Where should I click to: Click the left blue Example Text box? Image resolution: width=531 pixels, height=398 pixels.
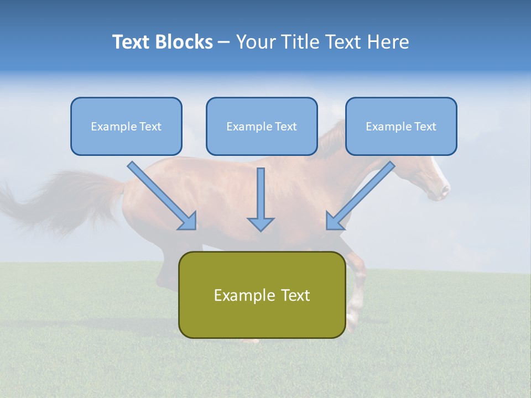click(126, 126)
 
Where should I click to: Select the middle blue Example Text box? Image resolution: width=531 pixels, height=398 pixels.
click(262, 126)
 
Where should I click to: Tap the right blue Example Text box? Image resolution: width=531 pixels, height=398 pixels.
click(401, 126)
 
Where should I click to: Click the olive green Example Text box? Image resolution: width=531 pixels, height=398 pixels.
click(262, 295)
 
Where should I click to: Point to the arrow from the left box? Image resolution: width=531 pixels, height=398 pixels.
click(162, 196)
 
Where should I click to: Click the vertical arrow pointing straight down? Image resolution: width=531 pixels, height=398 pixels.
click(261, 199)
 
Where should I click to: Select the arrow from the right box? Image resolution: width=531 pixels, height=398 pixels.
click(360, 196)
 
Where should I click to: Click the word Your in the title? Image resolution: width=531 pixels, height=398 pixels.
click(254, 42)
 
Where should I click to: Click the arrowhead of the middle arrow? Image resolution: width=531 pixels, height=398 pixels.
click(261, 224)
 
